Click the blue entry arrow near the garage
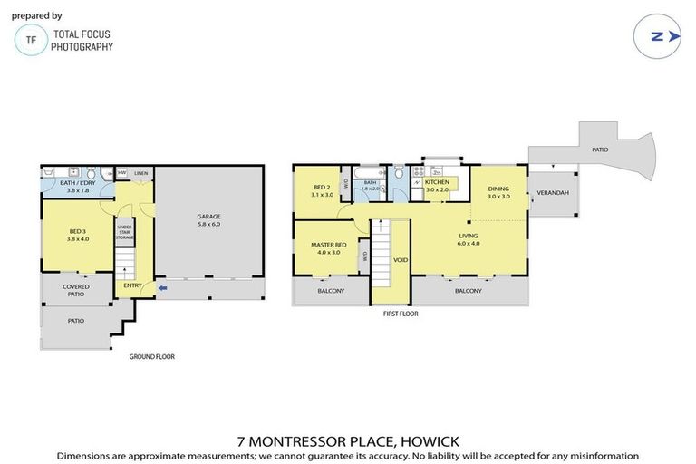(x=162, y=288)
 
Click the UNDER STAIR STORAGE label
(x=125, y=233)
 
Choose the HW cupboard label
(x=121, y=172)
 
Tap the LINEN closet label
(x=140, y=172)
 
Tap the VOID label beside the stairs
(x=400, y=259)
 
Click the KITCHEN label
(x=437, y=182)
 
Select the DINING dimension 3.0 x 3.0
(x=498, y=197)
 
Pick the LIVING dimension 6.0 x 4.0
(x=467, y=242)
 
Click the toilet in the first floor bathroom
(x=398, y=172)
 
